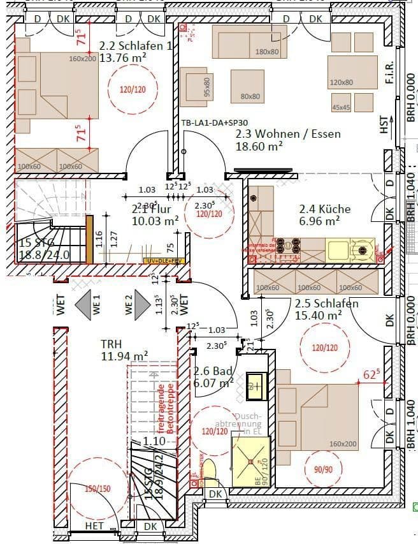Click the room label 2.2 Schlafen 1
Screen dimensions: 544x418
tap(136, 46)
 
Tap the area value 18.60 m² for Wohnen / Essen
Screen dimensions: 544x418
tap(259, 147)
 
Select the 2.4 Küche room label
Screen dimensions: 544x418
tap(325, 209)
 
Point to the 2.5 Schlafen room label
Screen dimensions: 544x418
tap(326, 304)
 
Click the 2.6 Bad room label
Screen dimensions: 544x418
tap(213, 371)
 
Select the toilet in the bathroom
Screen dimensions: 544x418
tap(210, 471)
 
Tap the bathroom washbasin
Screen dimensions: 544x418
tap(257, 384)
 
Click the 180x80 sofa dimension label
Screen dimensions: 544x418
tap(266, 52)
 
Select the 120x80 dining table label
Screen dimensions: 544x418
tap(341, 83)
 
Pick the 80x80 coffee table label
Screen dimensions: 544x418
tap(250, 96)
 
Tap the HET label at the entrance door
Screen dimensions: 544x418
tap(94, 526)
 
